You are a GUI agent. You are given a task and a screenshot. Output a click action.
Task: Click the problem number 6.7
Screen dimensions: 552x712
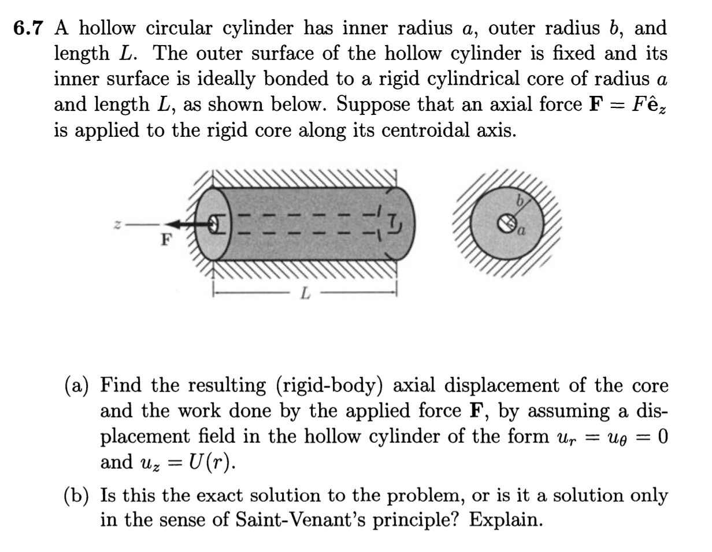[29, 28]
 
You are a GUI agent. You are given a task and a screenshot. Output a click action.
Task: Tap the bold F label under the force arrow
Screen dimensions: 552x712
[166, 240]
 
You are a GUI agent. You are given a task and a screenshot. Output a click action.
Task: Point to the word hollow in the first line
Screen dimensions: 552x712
[110, 28]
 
